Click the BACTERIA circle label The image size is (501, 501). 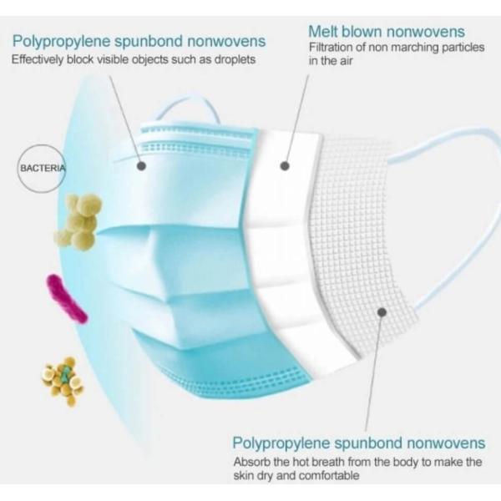[x=42, y=168]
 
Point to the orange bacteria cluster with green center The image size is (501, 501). [x=63, y=381]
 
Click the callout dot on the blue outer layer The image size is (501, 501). [x=141, y=166]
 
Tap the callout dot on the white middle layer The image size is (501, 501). [x=285, y=166]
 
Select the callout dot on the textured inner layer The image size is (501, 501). [x=382, y=312]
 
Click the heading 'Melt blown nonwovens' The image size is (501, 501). [x=387, y=32]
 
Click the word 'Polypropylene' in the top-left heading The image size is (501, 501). [x=62, y=42]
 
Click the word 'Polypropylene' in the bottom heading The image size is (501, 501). [x=282, y=444]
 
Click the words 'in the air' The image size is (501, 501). [x=331, y=61]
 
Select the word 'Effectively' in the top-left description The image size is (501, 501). [x=38, y=60]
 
